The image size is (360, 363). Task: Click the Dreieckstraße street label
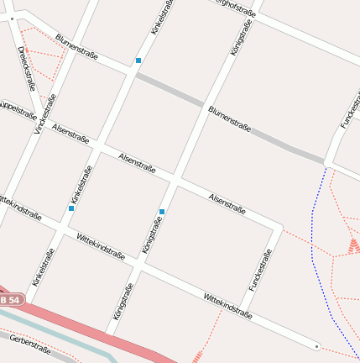[25, 68]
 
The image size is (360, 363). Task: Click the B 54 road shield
[11, 300]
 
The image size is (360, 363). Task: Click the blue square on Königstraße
[162, 212]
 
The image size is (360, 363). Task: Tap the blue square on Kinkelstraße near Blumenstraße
[138, 60]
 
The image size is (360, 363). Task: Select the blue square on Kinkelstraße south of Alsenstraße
[71, 208]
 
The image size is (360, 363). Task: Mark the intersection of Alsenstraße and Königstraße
[175, 180]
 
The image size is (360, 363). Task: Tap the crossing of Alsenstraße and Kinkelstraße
[96, 146]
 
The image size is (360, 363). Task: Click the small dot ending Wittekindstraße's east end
[316, 345]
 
